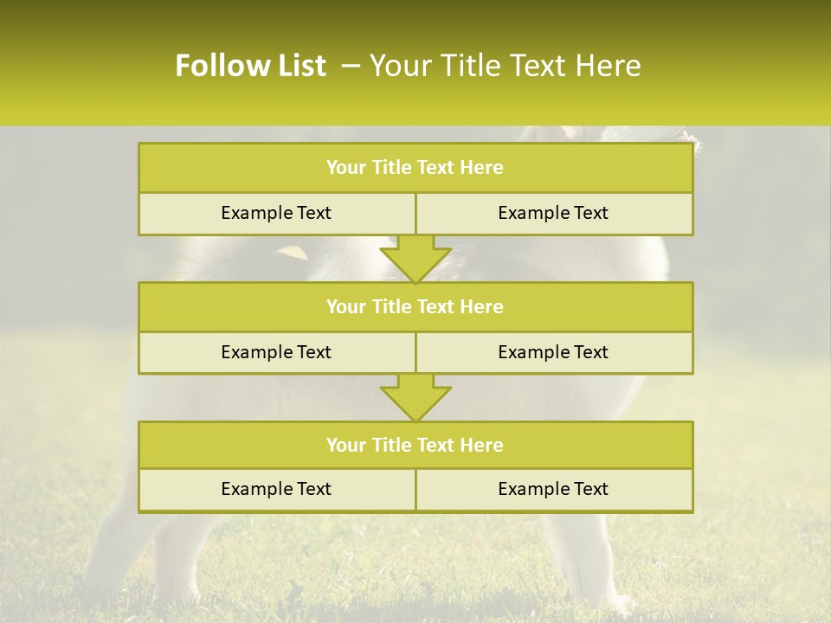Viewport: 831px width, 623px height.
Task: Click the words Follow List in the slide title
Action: click(250, 66)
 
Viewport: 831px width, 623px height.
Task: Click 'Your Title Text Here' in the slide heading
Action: click(505, 66)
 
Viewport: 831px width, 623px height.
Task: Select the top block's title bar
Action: click(415, 168)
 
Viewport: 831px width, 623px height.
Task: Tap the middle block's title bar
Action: click(415, 306)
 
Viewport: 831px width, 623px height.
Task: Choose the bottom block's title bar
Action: click(415, 445)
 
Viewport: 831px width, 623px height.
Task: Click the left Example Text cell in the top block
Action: click(276, 213)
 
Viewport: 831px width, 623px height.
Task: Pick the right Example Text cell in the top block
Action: click(554, 213)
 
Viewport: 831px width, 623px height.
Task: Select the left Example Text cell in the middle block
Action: click(276, 352)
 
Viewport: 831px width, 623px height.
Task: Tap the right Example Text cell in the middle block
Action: click(554, 352)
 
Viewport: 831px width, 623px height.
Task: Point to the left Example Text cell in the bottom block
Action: click(276, 489)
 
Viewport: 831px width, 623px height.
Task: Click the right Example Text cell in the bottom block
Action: click(554, 489)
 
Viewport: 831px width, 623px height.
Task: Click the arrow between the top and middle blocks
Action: click(415, 259)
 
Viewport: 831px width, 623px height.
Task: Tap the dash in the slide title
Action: click(351, 66)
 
